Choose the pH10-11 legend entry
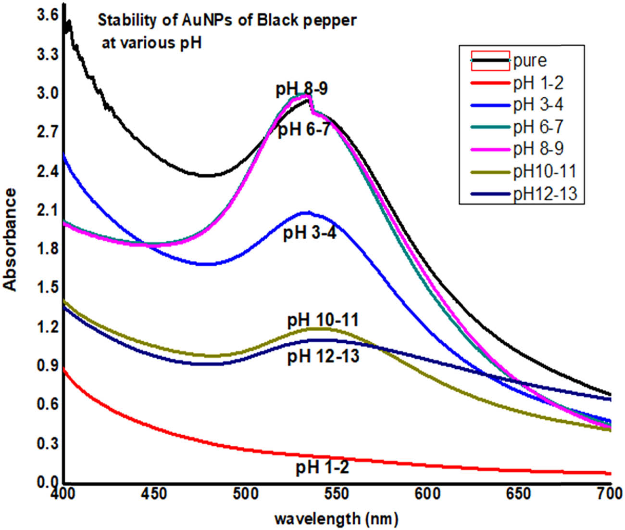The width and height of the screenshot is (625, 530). click(544, 171)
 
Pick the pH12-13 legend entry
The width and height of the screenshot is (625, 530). click(544, 194)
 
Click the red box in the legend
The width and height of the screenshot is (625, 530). click(490, 61)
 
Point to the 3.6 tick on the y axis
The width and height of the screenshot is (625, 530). click(47, 16)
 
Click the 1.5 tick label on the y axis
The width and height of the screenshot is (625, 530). click(47, 287)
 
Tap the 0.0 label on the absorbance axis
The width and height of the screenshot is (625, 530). click(47, 482)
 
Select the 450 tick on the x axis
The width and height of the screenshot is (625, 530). click(155, 494)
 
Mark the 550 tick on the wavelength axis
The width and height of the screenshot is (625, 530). click(337, 494)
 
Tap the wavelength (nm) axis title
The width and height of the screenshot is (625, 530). click(336, 518)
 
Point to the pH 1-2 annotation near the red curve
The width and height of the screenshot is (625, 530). click(322, 467)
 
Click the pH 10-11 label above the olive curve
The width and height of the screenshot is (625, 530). click(323, 320)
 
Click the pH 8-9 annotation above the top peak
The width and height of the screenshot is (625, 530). click(301, 90)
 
